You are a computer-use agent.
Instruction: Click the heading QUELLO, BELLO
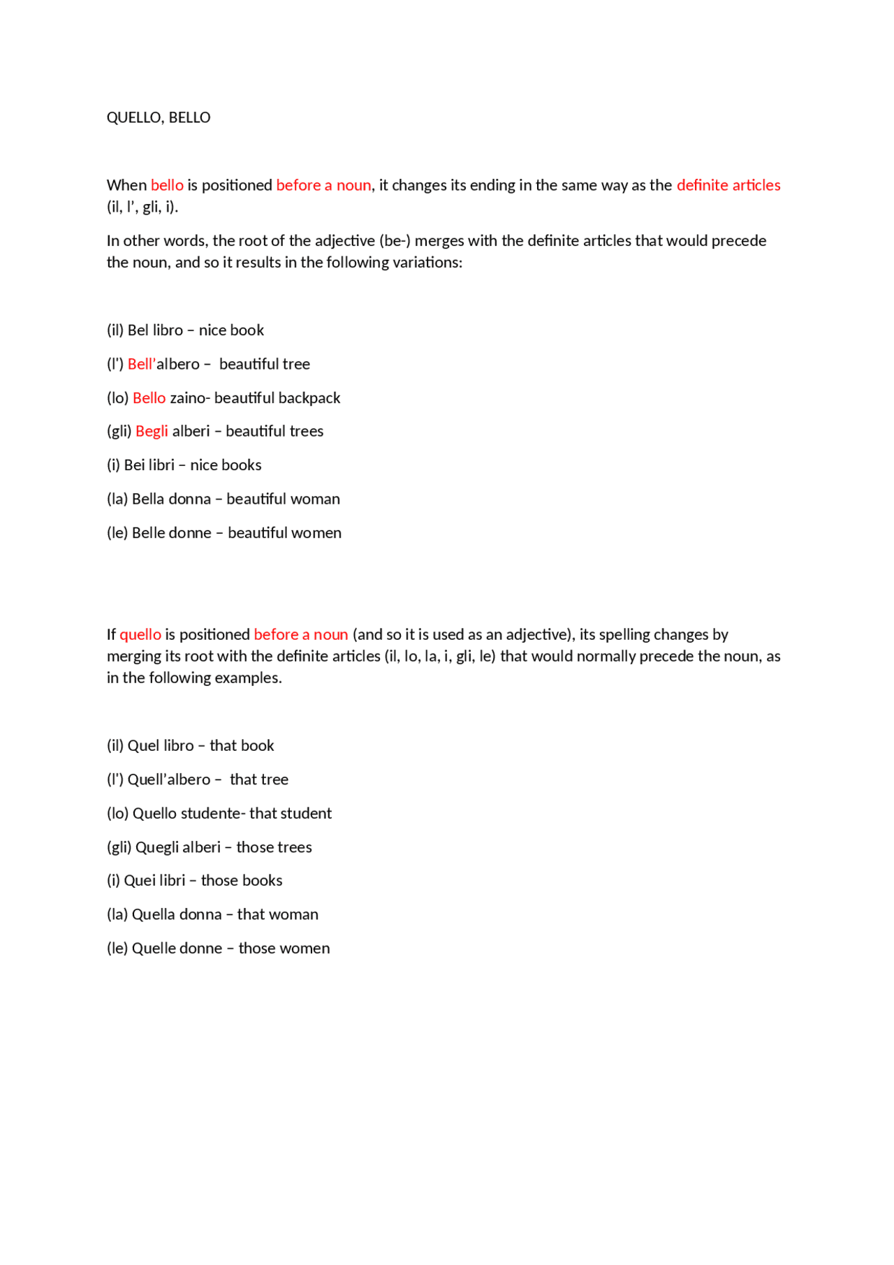click(x=158, y=117)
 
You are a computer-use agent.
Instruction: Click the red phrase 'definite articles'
click(x=728, y=185)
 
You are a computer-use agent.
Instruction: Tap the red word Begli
click(x=152, y=431)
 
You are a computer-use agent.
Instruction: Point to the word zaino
click(x=188, y=397)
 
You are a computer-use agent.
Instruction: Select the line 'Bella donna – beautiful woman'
click(x=223, y=499)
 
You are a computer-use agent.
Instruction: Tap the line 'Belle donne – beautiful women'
click(x=224, y=533)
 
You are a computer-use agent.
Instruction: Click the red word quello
click(x=140, y=634)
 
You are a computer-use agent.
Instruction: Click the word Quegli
click(x=156, y=847)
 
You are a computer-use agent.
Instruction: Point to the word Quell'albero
click(x=169, y=780)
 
